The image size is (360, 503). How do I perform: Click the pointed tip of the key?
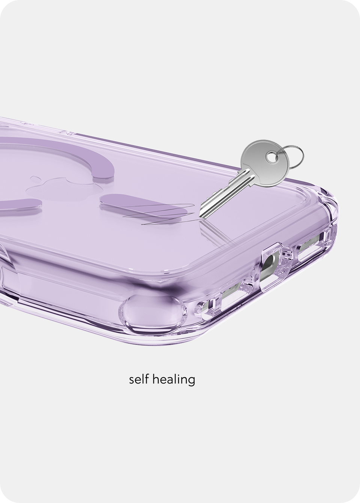point(200,218)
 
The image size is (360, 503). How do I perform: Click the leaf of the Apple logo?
point(36,179)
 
